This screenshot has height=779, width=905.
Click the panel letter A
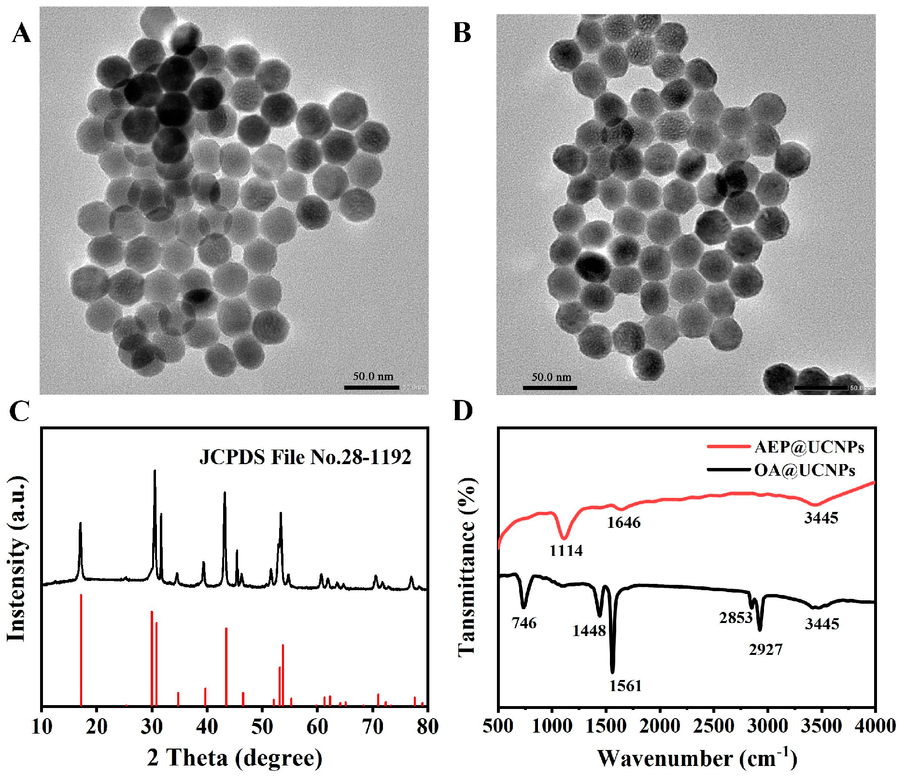pos(21,34)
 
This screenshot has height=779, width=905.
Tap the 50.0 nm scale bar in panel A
pos(371,387)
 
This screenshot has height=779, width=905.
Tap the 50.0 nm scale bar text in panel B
pos(551,377)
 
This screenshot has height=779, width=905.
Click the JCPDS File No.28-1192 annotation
pos(305,457)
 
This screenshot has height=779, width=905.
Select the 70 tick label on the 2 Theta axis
pos(372,726)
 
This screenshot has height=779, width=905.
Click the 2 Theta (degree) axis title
pos(235,758)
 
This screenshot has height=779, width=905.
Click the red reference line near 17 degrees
pos(81,650)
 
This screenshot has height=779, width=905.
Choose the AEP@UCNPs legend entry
pos(809,447)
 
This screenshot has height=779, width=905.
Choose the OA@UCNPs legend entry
pos(805,470)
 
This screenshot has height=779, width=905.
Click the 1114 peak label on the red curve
pos(566,550)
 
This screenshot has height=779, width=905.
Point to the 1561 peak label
pos(625,685)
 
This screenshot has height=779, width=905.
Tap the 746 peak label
pos(524,623)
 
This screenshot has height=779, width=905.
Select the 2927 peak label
pos(765,650)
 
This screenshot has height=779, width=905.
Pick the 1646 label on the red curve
pos(623,523)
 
